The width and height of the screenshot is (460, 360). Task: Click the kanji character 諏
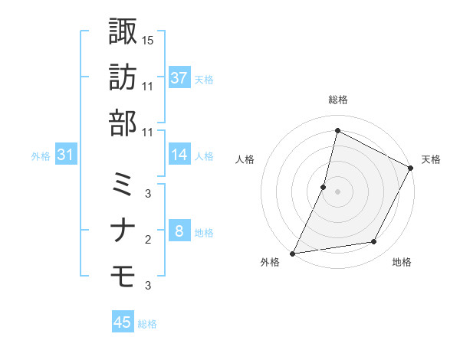tap(123, 31)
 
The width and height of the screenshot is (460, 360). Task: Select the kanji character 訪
tap(123, 77)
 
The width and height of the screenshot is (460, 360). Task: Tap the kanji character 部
tap(123, 123)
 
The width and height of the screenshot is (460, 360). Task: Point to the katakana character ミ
tap(123, 185)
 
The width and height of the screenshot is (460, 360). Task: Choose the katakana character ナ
tap(123, 230)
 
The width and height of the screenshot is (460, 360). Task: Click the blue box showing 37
tap(179, 77)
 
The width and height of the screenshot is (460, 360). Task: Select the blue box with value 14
tap(179, 155)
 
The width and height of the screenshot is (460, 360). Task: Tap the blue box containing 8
tap(179, 231)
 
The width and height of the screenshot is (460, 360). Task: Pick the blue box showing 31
tap(66, 155)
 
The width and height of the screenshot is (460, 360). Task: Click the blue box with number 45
tap(123, 322)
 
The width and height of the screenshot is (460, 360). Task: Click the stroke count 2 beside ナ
tap(148, 240)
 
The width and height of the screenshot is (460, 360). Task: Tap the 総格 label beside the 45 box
tap(147, 324)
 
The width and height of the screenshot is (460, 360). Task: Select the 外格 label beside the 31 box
tap(41, 156)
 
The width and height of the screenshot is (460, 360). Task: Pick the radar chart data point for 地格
tap(374, 242)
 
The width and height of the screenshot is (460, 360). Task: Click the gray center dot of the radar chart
tap(337, 191)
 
